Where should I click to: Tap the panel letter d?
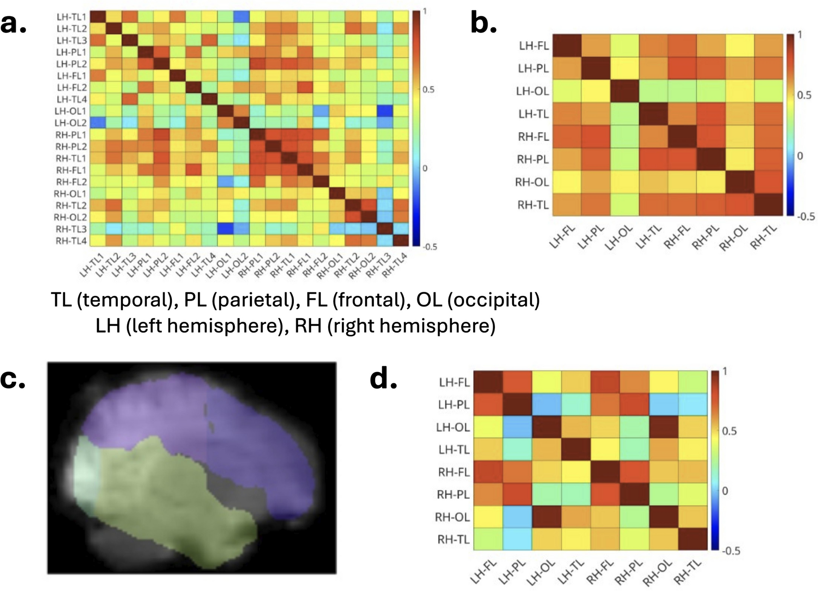click(x=384, y=380)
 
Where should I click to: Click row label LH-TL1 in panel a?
click(x=72, y=17)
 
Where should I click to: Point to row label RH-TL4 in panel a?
click(x=71, y=241)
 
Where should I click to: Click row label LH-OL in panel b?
click(x=532, y=91)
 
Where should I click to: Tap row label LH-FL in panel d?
click(x=454, y=382)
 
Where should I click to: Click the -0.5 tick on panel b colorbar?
click(x=806, y=217)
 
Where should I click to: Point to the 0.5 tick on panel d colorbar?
click(x=729, y=431)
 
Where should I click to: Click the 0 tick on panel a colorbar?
click(x=424, y=169)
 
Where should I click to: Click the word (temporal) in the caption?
click(x=125, y=300)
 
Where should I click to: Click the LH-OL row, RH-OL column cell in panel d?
click(x=664, y=427)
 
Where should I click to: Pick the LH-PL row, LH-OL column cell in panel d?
click(x=547, y=404)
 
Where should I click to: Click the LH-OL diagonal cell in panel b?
click(x=625, y=91)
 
